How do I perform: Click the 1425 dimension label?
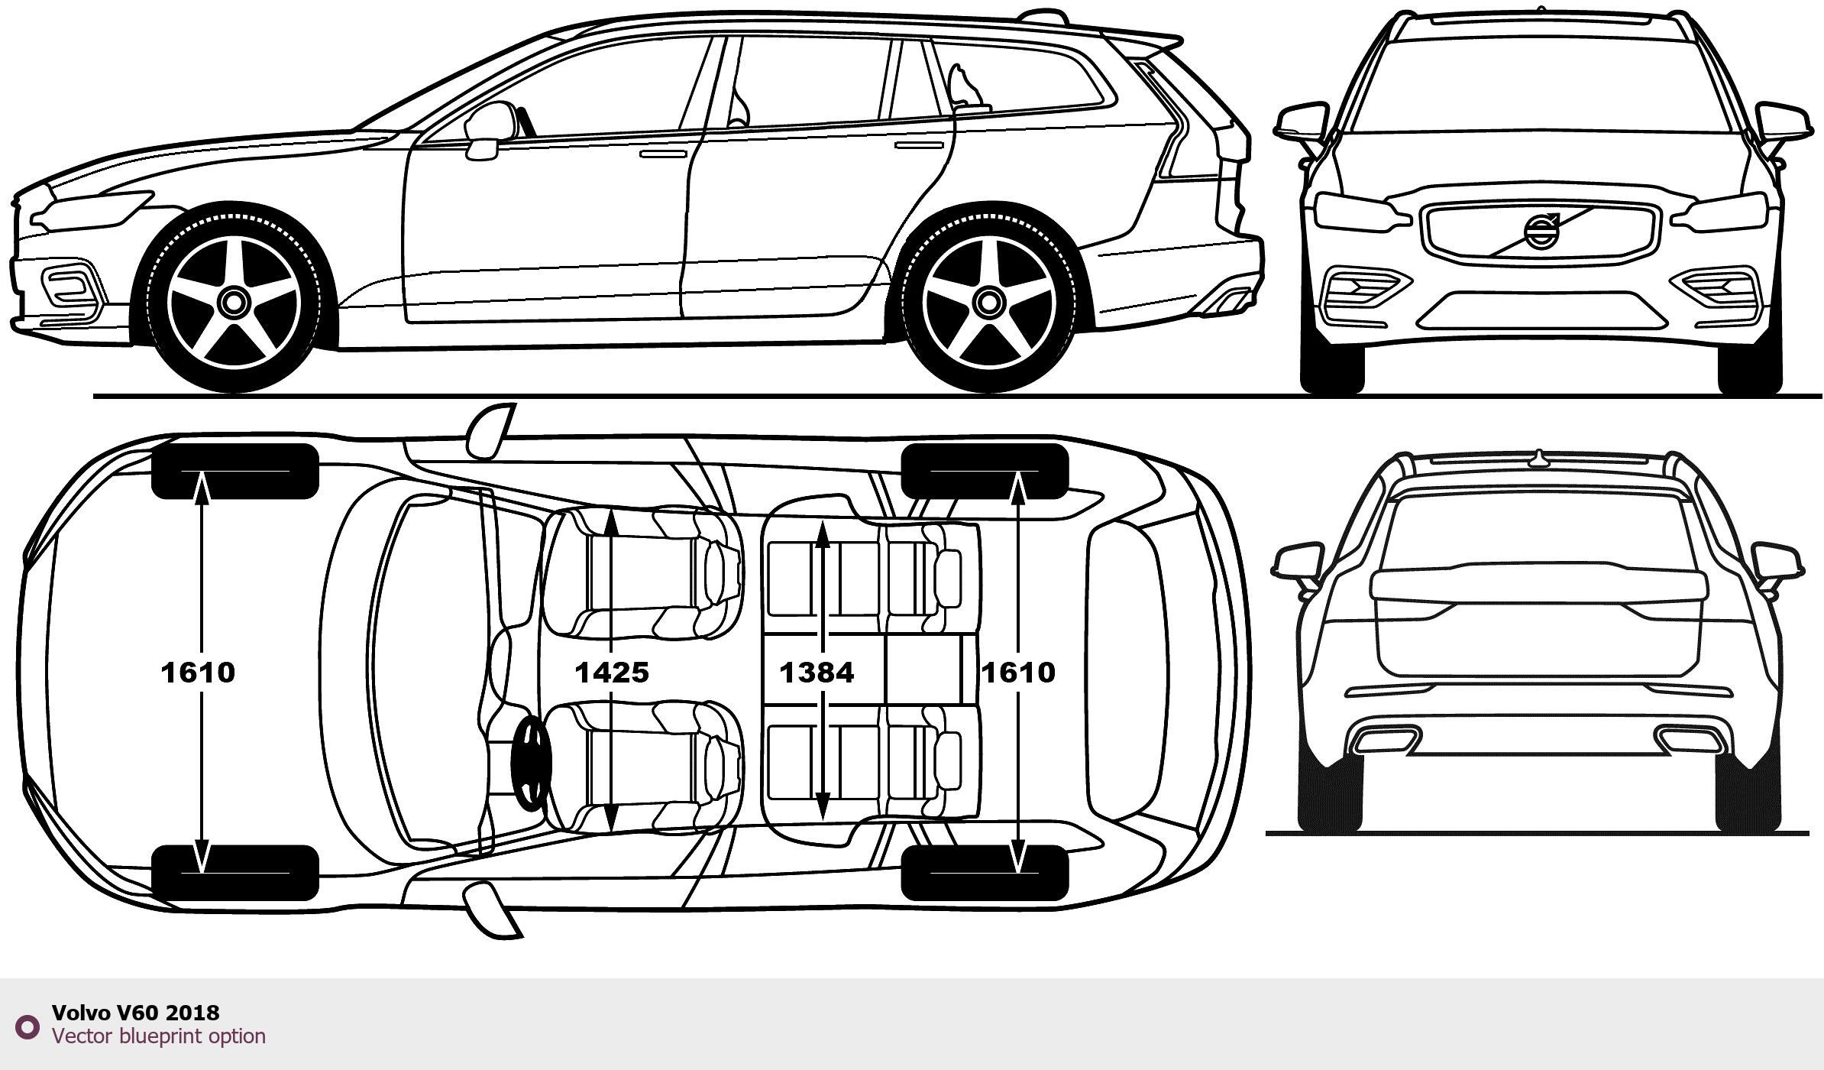click(612, 673)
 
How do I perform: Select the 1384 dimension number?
click(817, 673)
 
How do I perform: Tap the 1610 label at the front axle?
click(198, 673)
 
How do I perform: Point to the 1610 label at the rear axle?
click(1018, 673)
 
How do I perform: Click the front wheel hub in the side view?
click(234, 303)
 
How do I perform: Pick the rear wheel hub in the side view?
click(989, 303)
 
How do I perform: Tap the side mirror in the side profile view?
click(489, 126)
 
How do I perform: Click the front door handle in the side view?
click(663, 154)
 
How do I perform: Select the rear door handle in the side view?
click(919, 144)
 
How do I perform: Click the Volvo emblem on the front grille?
click(1541, 230)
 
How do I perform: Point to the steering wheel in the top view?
click(532, 764)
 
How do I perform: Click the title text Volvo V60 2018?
click(135, 1013)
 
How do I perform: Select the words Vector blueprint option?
click(159, 1036)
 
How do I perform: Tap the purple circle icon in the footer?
click(27, 1026)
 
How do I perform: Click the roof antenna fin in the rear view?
click(1539, 458)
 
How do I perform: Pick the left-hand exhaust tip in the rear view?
click(1385, 740)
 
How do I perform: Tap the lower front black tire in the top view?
click(234, 872)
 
